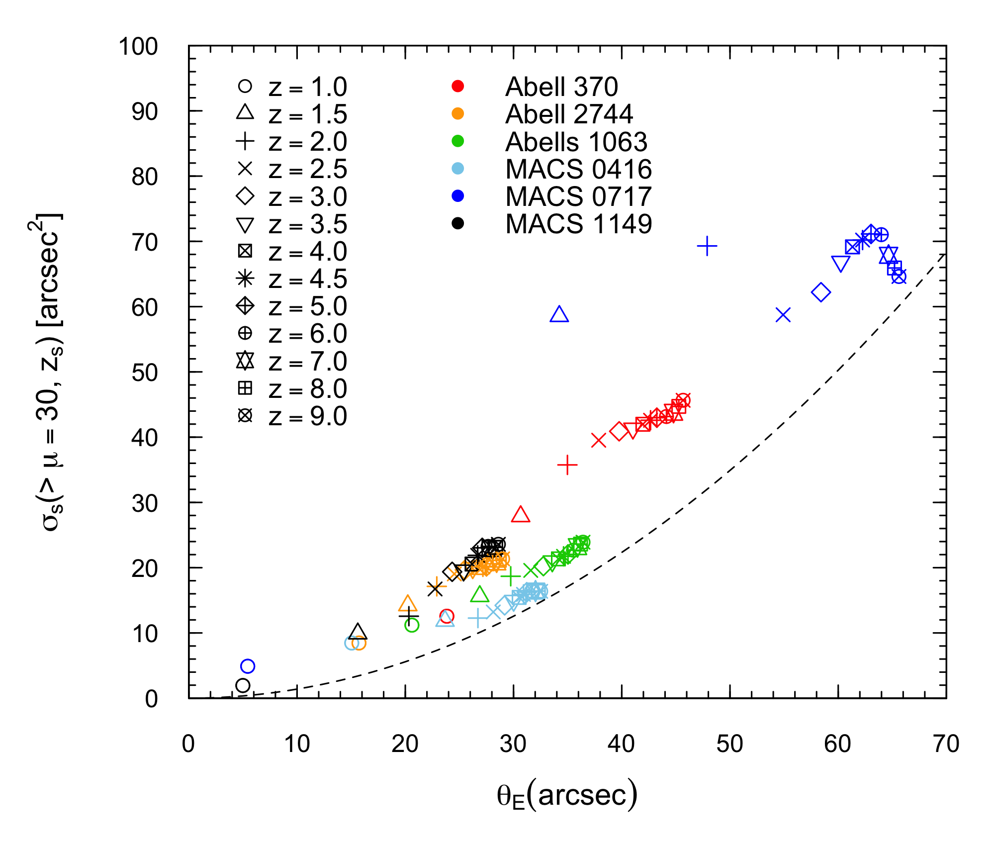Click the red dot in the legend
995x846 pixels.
coord(457,86)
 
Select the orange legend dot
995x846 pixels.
coord(457,113)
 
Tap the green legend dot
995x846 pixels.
coord(457,141)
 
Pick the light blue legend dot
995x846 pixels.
coord(457,168)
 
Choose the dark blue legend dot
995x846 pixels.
coord(457,195)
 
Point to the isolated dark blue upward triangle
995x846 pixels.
coord(559,315)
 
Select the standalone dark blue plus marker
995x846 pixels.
coord(707,246)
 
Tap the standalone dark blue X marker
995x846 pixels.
coord(783,314)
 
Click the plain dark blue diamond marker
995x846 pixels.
coord(820,292)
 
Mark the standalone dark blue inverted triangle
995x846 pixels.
coord(840,263)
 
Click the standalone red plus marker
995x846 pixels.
coord(567,465)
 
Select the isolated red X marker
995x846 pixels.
coord(599,440)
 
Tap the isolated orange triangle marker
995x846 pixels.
coord(408,604)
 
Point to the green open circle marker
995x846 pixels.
coord(412,625)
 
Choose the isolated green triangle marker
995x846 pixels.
coord(480,595)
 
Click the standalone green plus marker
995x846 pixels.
coord(510,576)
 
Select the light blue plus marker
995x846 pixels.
coord(477,618)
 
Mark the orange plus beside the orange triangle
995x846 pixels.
coord(436,587)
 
